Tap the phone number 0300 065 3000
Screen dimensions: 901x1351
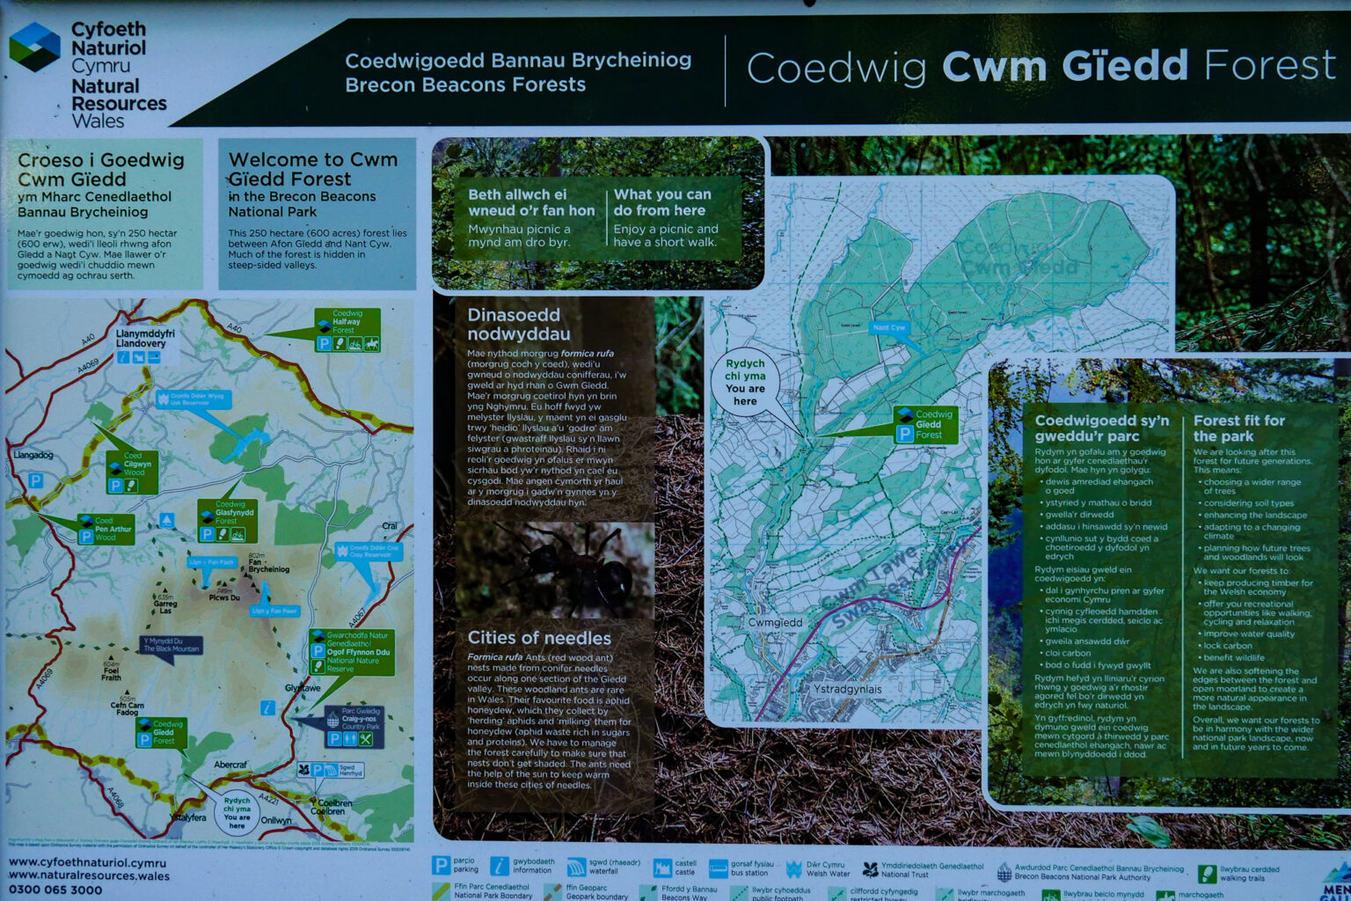[x=55, y=890]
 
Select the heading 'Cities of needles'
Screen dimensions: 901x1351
[x=538, y=638]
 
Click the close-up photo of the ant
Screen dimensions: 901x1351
[x=555, y=570]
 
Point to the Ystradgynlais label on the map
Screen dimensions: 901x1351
[x=846, y=689]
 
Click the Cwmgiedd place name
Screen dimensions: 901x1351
[x=775, y=622]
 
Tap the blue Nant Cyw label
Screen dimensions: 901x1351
[x=888, y=327]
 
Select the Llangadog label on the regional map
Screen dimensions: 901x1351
[x=33, y=455]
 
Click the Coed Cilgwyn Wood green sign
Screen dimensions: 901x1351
[x=132, y=472]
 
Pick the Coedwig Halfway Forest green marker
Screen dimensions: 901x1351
[x=347, y=330]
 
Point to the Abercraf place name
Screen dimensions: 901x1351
[x=230, y=765]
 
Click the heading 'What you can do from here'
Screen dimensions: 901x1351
[x=661, y=201]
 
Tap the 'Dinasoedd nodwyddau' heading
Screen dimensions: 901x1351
[x=518, y=324]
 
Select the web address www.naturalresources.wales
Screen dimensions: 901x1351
[x=89, y=875]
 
